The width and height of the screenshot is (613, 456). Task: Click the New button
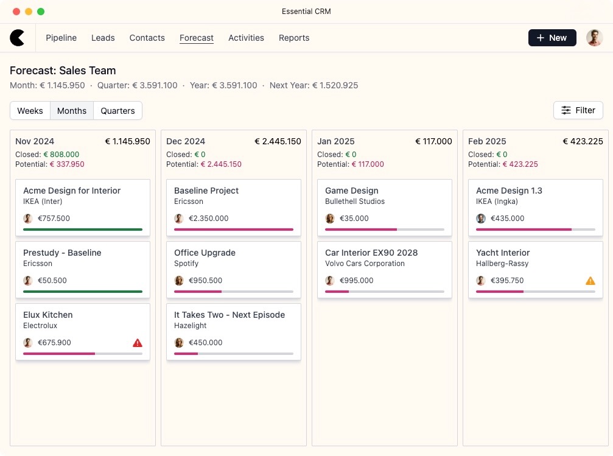coord(552,38)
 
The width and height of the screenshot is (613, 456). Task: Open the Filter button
coord(578,110)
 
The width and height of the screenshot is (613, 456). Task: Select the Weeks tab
coord(30,111)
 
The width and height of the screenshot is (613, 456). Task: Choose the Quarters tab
coord(117,111)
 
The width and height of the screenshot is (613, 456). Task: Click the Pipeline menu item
coord(61,38)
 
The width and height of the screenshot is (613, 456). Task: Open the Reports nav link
coord(294,38)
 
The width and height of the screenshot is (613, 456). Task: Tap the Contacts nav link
coord(147,38)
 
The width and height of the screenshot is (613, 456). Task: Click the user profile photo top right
coord(594,38)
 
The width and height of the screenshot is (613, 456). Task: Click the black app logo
coord(18,38)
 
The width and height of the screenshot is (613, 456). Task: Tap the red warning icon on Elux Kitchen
coord(138,343)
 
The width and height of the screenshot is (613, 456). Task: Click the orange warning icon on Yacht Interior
coord(590,281)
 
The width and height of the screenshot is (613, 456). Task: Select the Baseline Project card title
coord(206,191)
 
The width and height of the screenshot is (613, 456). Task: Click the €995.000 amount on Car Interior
coord(356,281)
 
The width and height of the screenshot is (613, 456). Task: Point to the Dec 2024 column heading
coord(186,141)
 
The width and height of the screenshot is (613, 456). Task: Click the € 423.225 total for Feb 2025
coord(583,141)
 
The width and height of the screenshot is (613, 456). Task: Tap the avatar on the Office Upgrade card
coord(179,281)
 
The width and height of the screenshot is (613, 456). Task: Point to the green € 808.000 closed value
coord(61,155)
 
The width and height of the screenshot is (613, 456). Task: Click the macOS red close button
coord(16,12)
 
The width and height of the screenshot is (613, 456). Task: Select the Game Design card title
coord(351,191)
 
